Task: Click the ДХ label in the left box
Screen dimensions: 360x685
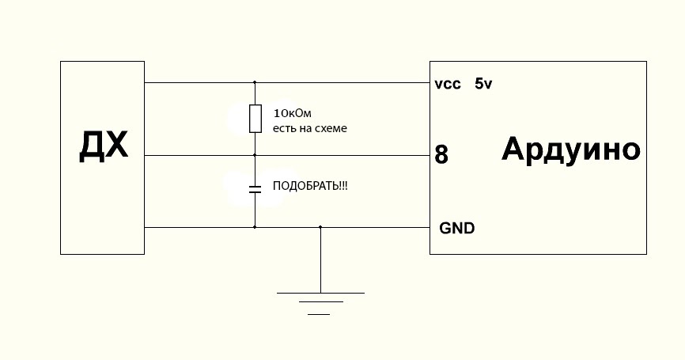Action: point(104,146)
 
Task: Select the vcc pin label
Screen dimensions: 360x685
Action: point(448,84)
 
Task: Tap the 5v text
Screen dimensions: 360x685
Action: point(484,83)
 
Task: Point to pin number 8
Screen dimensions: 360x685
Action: point(441,155)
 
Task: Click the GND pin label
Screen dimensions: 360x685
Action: point(457,229)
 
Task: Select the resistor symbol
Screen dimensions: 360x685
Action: point(255,118)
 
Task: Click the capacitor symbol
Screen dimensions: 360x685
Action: point(255,190)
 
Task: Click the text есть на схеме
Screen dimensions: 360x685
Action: point(309,127)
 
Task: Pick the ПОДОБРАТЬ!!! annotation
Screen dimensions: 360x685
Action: point(310,187)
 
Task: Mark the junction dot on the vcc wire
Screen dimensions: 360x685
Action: point(255,82)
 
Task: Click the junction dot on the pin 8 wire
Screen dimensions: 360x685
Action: point(255,155)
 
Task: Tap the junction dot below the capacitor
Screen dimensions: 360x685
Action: point(255,227)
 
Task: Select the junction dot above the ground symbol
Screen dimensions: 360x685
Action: point(320,227)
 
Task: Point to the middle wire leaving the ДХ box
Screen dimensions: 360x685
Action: point(198,155)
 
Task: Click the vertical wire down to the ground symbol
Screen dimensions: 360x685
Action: point(320,261)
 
